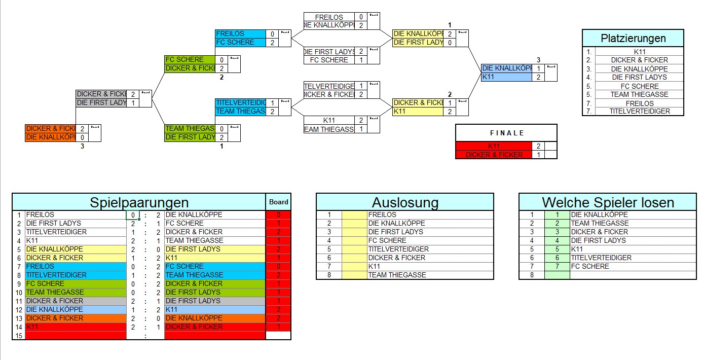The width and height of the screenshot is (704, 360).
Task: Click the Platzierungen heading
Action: [633, 39]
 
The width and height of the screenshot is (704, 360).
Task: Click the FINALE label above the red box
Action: [506, 133]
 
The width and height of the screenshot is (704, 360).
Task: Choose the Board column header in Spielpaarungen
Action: [278, 202]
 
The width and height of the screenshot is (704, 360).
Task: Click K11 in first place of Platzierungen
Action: [639, 52]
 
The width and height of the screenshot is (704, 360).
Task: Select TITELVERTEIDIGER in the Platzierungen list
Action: [639, 112]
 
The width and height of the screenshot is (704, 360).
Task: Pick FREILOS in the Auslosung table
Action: [382, 215]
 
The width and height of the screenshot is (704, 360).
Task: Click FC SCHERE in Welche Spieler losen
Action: [590, 266]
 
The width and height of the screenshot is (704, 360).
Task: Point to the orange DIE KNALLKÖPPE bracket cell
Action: [51, 137]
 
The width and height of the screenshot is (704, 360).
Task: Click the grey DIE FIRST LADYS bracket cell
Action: [101, 103]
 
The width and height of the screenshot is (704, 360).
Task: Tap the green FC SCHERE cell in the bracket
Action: [190, 60]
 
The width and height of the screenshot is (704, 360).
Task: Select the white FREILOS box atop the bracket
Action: [329, 17]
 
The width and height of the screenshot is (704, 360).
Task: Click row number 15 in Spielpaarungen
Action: [19, 336]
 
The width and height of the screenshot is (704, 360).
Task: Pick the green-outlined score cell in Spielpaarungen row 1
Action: [133, 215]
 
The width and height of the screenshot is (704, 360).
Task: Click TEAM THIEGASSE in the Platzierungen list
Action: [639, 94]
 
